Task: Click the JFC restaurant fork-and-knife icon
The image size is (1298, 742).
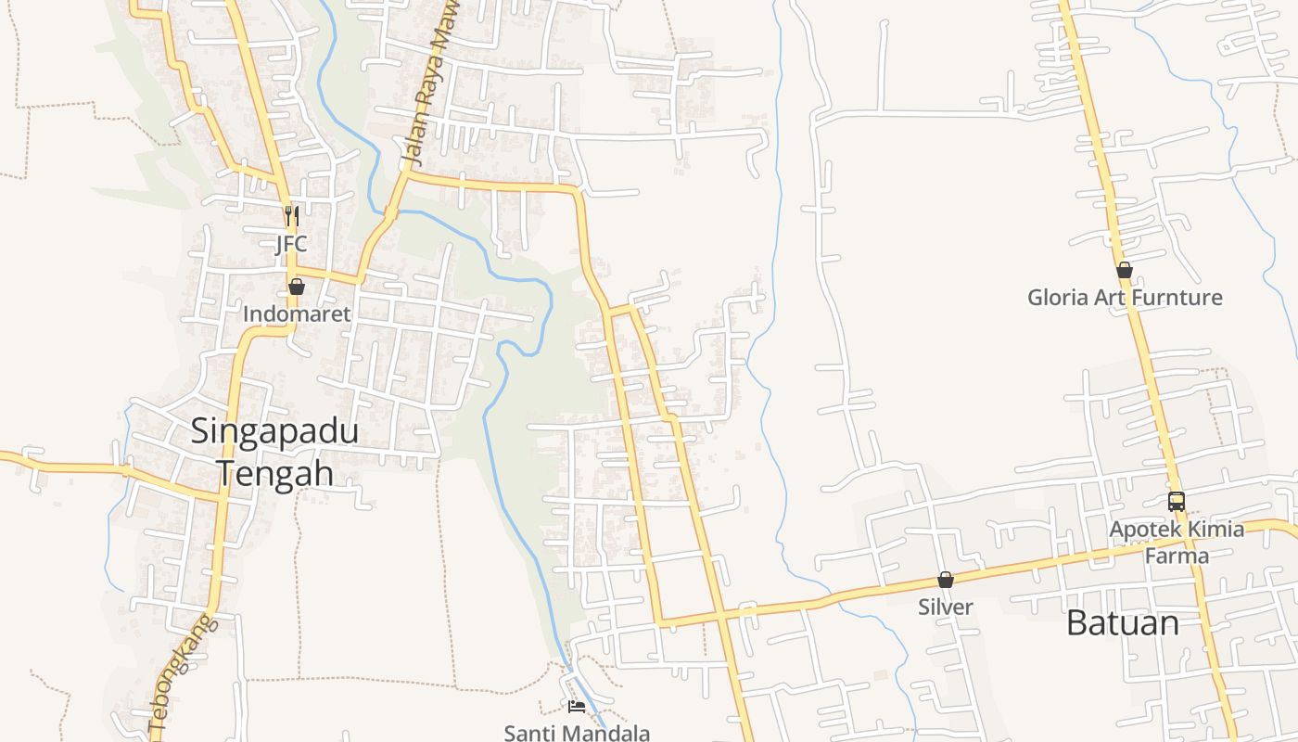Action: tap(292, 216)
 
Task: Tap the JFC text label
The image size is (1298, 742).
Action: tap(291, 245)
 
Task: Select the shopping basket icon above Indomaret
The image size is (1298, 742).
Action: tap(297, 287)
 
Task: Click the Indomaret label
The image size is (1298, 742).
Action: tap(297, 314)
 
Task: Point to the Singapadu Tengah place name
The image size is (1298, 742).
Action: tap(274, 452)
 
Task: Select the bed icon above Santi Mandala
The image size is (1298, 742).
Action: tap(577, 707)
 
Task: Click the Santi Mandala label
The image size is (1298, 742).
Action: tap(577, 733)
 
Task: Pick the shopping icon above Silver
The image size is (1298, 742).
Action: tap(946, 580)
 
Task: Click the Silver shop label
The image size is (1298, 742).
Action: tap(946, 608)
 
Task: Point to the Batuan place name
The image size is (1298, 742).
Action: tap(1123, 622)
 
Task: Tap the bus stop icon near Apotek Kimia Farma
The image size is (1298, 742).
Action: tap(1177, 502)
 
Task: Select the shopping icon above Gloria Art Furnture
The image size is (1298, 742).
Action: tap(1125, 270)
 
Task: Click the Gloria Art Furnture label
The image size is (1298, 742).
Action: tap(1125, 298)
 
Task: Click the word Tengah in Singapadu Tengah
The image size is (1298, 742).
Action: tap(274, 473)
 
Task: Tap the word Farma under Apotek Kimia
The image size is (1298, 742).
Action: tap(1177, 556)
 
